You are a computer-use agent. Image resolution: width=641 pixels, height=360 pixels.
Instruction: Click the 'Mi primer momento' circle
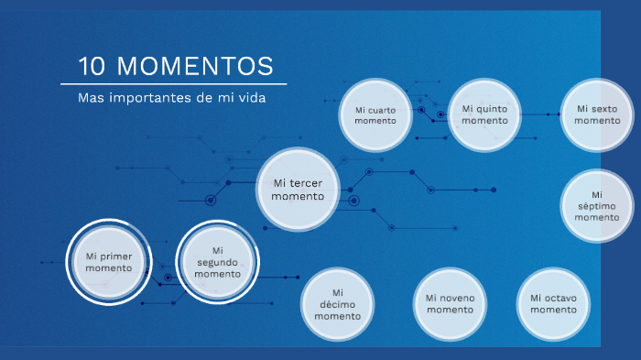pyautogui.click(x=109, y=261)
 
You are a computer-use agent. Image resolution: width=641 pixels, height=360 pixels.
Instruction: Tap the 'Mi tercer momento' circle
pyautogui.click(x=298, y=189)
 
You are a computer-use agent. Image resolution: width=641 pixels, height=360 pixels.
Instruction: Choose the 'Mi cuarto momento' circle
pyautogui.click(x=375, y=115)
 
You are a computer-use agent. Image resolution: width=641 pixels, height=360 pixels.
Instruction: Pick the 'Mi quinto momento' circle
pyautogui.click(x=483, y=114)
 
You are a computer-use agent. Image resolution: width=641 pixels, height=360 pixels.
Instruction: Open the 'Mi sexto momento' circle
pyautogui.click(x=597, y=114)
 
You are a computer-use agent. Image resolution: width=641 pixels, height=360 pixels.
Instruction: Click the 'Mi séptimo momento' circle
pyautogui.click(x=597, y=206)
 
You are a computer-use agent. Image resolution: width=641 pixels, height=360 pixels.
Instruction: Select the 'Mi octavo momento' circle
pyautogui.click(x=553, y=303)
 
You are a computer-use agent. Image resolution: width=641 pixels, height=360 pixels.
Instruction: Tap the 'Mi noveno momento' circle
pyautogui.click(x=450, y=303)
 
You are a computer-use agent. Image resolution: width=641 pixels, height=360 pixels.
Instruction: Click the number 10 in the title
pyautogui.click(x=93, y=67)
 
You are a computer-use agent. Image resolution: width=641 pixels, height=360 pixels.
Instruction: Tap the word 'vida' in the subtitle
pyautogui.click(x=249, y=97)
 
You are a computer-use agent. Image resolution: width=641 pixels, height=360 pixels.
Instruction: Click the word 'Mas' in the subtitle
pyautogui.click(x=91, y=97)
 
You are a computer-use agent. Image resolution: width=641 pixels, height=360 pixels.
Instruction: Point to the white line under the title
pyautogui.click(x=174, y=83)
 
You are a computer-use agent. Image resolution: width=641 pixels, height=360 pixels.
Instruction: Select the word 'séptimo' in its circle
pyautogui.click(x=597, y=206)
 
